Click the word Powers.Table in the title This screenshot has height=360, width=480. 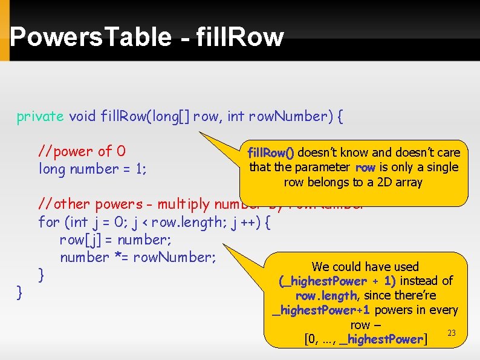point(91,38)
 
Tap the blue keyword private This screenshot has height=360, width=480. point(40,116)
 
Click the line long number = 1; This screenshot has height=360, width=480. point(92,169)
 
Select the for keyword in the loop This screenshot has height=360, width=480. point(49,222)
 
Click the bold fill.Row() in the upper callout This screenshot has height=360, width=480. point(271,153)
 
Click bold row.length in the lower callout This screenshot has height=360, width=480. point(326,296)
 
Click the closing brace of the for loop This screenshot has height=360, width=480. point(42,275)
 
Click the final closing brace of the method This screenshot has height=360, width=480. point(20,293)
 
